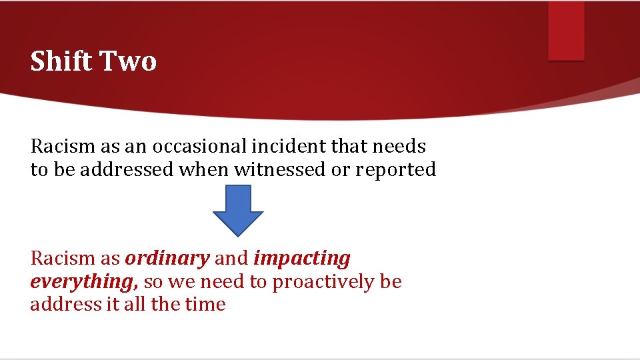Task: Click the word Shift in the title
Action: click(x=62, y=61)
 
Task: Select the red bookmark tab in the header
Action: click(x=566, y=30)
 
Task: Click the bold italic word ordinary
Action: click(x=167, y=258)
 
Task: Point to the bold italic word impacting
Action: click(x=302, y=258)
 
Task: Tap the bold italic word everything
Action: click(x=83, y=282)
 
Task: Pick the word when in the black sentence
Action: click(x=203, y=169)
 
